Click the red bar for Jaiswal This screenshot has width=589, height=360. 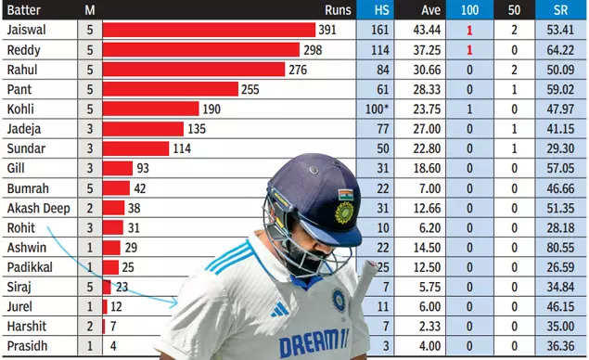coord(209,30)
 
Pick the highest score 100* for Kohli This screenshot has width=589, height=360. coord(380,109)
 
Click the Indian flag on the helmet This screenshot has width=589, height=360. coord(345,195)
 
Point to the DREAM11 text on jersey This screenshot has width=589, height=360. coord(314,342)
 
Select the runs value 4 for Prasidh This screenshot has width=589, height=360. coord(114,346)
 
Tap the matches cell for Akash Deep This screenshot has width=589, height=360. coord(90,208)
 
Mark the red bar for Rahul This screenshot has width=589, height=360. coord(193,70)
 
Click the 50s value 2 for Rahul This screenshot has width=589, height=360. coord(514,70)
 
